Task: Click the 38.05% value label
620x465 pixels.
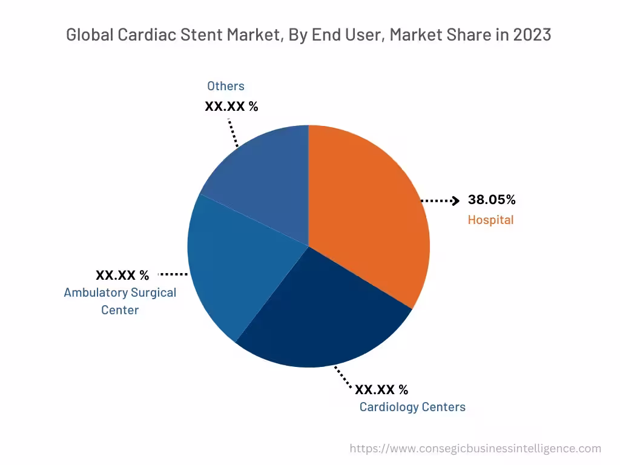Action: (x=492, y=200)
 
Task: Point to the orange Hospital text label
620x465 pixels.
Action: (x=490, y=220)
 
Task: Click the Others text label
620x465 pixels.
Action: (x=226, y=86)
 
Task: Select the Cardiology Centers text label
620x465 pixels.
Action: (x=412, y=407)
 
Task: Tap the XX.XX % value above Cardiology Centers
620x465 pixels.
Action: (x=381, y=389)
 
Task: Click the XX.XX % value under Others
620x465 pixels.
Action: (x=231, y=107)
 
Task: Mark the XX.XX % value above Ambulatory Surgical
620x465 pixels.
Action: (x=122, y=275)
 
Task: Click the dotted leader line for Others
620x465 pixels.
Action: (x=233, y=133)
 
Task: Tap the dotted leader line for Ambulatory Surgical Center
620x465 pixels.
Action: (x=173, y=274)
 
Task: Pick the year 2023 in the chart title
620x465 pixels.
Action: (x=532, y=35)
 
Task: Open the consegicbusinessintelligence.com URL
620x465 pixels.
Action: (x=475, y=449)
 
